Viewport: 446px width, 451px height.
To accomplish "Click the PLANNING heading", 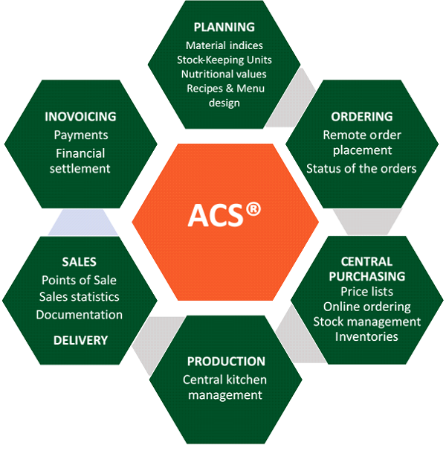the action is click(224, 28).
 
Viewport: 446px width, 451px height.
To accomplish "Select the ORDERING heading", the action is click(362, 117).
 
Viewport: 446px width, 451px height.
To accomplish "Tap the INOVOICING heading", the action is click(80, 117).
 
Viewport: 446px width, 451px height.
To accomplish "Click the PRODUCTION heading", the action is click(226, 362).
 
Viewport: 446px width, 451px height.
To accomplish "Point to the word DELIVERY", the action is click(81, 341).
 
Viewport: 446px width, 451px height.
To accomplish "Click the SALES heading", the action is click(80, 262).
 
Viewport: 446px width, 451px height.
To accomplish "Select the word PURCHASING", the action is click(367, 276).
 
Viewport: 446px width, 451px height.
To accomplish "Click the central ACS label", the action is click(216, 215).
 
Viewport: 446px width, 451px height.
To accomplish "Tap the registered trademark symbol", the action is click(253, 209).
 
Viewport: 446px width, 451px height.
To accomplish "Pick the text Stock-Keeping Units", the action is click(224, 60).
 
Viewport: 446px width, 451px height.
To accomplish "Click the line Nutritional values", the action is click(224, 74).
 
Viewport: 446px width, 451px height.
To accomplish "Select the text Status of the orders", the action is click(361, 168).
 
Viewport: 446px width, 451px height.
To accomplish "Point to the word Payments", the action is click(81, 135).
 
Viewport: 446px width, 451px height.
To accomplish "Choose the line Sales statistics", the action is click(80, 297).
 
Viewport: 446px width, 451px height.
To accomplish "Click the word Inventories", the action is click(366, 337).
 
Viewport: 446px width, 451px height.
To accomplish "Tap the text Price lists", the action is click(367, 292).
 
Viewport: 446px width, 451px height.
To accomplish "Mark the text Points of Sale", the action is click(79, 280).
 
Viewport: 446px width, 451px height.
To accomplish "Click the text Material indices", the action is click(224, 45).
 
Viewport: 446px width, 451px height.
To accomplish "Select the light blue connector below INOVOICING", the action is click(83, 223).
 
